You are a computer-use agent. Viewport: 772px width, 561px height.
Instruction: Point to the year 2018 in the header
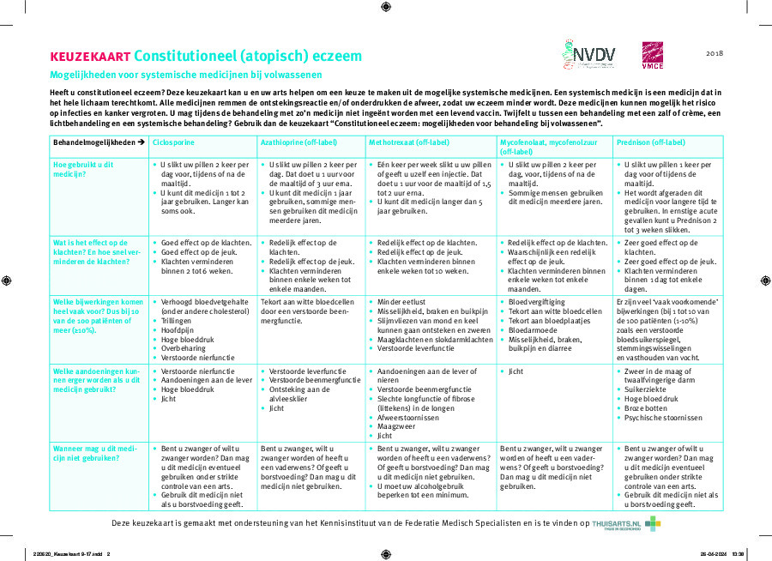(715, 53)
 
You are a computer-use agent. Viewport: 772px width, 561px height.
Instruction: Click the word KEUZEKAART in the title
(90, 57)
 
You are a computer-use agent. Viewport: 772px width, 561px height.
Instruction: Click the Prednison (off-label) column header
(651, 142)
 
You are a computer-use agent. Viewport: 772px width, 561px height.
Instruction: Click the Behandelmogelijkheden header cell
(99, 142)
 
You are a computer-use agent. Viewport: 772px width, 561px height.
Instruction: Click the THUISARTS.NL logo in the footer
(626, 522)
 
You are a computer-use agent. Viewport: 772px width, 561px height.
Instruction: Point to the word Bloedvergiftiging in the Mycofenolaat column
(536, 302)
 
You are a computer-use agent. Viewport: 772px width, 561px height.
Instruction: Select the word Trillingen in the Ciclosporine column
(178, 321)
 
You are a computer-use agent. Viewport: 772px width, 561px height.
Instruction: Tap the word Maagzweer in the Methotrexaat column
(395, 426)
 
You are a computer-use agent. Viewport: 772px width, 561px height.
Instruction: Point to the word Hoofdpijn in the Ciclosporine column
(178, 330)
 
